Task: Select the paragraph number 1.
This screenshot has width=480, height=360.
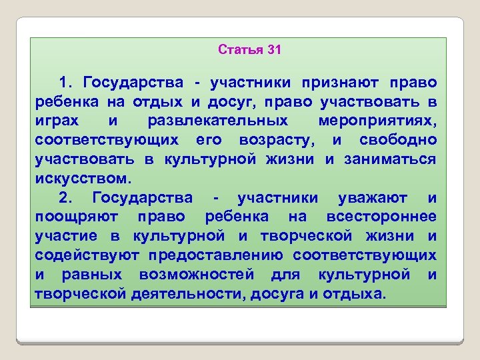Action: point(65,83)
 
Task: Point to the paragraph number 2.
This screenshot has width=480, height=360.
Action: point(65,198)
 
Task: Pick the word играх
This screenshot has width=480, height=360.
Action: point(53,121)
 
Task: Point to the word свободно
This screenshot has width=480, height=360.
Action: point(398,141)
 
